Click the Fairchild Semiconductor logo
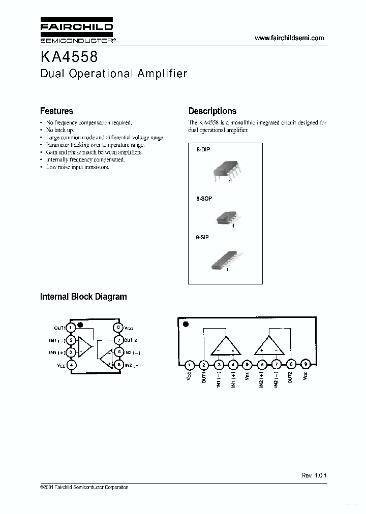click(77, 30)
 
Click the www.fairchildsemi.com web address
click(289, 38)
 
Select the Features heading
click(56, 111)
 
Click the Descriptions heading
click(212, 111)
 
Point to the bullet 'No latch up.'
click(59, 130)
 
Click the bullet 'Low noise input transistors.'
click(77, 167)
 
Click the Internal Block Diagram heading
click(83, 297)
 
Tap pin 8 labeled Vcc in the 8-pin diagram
click(118, 328)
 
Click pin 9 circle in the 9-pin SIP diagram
click(305, 364)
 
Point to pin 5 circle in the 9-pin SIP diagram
click(247, 364)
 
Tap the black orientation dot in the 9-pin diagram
click(186, 324)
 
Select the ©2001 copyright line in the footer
click(84, 488)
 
